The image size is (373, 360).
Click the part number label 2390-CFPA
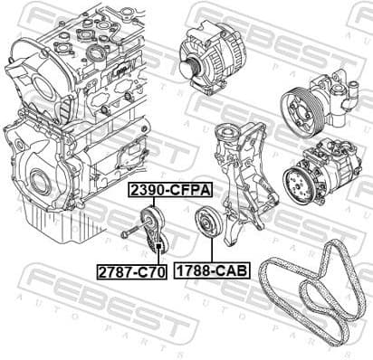[170, 190]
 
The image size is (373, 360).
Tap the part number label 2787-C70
[131, 271]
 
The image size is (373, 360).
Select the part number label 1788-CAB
[212, 270]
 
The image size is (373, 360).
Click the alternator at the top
[212, 58]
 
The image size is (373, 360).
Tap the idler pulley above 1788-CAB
[208, 223]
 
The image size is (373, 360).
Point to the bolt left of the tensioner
[133, 230]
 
